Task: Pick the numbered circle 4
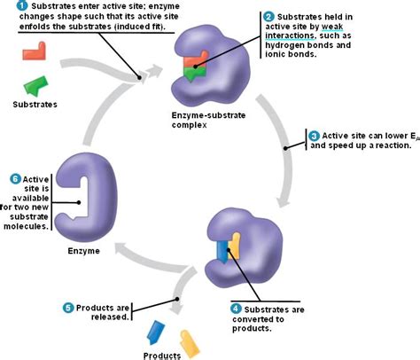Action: [236, 308]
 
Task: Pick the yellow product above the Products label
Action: [187, 340]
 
